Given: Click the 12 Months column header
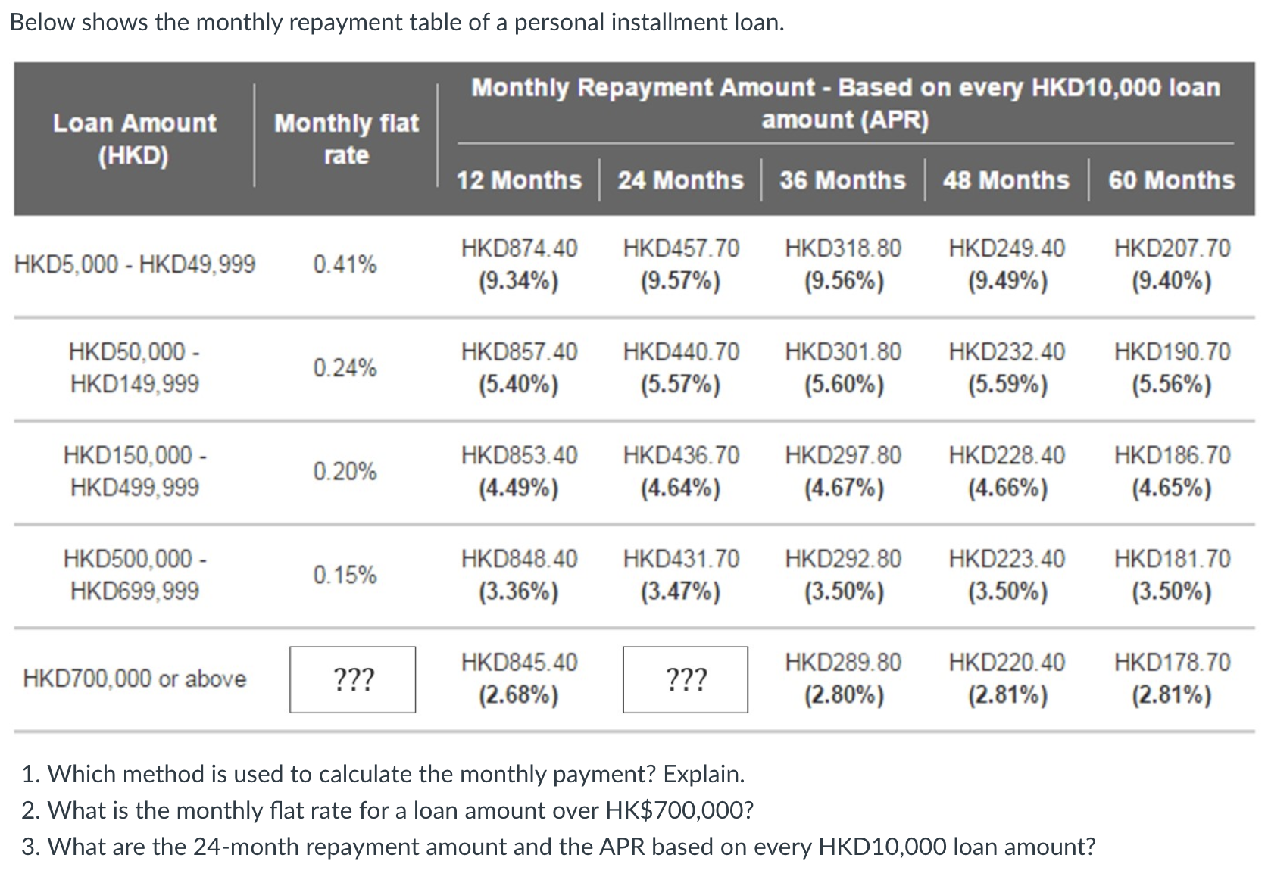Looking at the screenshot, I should coord(518,180).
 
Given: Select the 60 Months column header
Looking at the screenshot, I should coord(1171,180).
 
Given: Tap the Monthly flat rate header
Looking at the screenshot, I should coord(346,139).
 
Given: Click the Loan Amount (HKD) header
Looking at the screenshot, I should coord(134,139).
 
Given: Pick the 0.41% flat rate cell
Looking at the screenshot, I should coord(345,264).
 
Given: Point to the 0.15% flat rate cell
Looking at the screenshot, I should coord(345,575).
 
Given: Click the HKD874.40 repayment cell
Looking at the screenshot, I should coord(519,264).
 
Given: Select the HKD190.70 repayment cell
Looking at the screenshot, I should coord(1172,368).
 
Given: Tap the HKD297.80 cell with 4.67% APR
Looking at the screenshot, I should coord(843,471).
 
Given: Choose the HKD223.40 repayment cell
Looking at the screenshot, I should coord(1007,575).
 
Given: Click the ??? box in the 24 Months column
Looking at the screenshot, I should coord(686,679).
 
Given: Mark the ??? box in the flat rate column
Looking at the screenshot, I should coord(353,679).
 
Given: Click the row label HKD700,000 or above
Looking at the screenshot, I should coord(135,679).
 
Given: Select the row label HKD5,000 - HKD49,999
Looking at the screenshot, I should coord(135,264).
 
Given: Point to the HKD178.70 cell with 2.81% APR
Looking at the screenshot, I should coord(1172,679).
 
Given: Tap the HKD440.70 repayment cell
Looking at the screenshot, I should coord(681,368).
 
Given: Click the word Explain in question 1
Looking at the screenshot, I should coord(704,774).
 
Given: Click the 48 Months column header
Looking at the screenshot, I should coord(1006,180).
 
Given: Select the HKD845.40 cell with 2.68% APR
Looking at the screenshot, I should coord(519,679).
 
